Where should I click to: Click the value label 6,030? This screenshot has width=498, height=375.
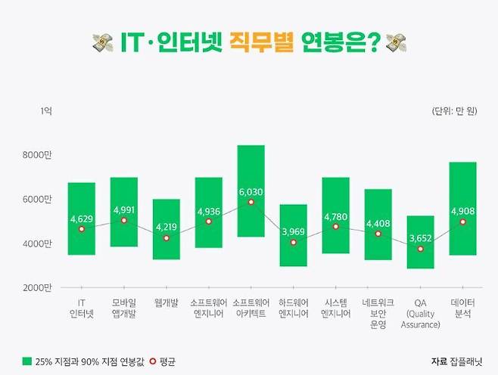tap(251, 192)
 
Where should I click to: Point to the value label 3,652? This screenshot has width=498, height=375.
tap(420, 237)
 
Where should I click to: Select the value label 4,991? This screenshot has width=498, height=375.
tap(124, 209)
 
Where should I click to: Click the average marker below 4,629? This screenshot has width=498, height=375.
tap(82, 229)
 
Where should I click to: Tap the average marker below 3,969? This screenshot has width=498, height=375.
tap(294, 243)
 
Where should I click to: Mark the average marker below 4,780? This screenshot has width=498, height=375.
tap(336, 227)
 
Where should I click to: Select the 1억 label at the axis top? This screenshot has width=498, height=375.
tap(46, 112)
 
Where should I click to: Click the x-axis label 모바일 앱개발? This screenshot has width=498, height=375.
tap(124, 308)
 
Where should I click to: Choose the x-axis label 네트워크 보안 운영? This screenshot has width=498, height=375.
tap(378, 313)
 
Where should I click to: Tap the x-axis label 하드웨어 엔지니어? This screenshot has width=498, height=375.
tap(294, 308)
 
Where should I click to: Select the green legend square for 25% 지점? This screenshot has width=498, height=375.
tap(28, 361)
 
